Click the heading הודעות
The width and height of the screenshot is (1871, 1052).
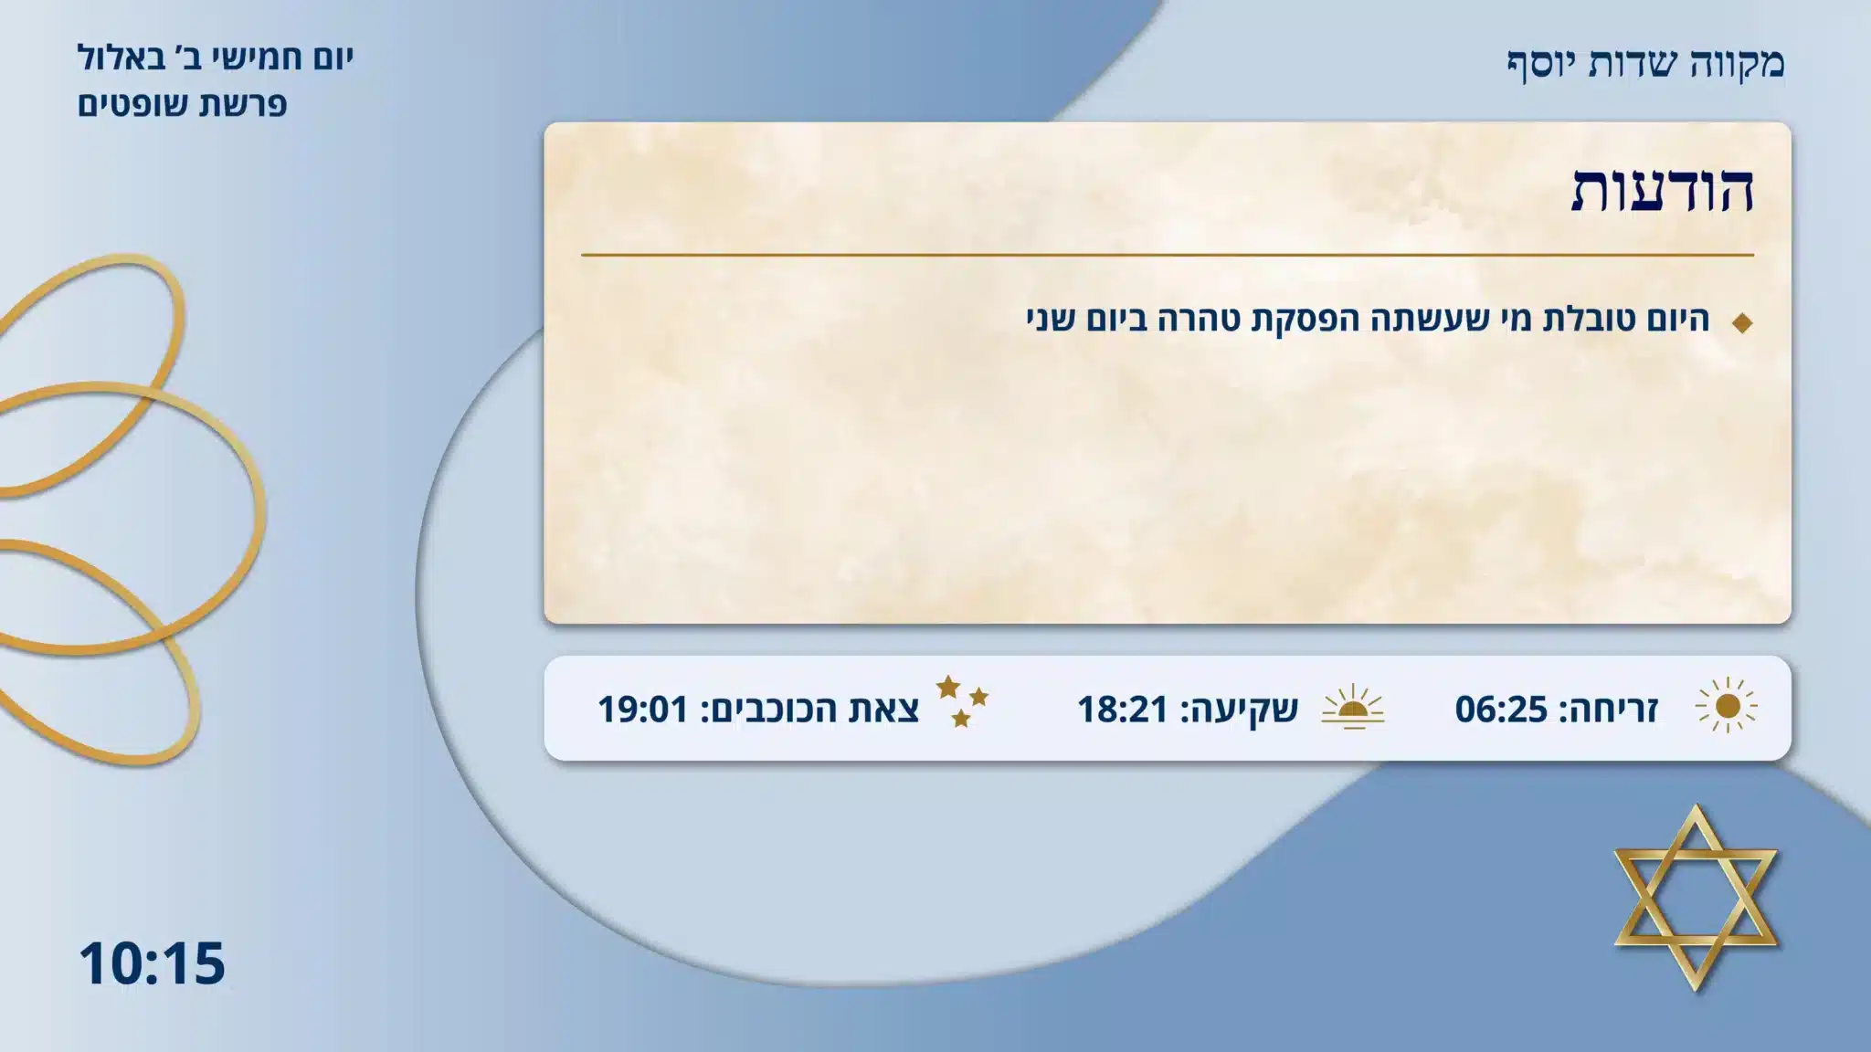tap(1662, 190)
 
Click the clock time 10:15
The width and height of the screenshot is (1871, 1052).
tap(152, 963)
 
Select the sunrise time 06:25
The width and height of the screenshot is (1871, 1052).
tap(1501, 709)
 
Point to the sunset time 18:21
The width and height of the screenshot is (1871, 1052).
tap(1123, 709)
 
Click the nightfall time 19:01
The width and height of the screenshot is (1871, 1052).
tap(642, 709)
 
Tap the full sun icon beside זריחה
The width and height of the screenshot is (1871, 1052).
tap(1727, 707)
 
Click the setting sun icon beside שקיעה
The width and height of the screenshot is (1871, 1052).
tap(1353, 707)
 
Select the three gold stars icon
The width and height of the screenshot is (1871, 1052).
tap(961, 701)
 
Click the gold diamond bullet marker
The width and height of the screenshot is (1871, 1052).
tap(1742, 322)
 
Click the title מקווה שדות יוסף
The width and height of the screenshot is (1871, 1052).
tap(1645, 63)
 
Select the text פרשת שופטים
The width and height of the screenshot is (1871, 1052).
tap(182, 104)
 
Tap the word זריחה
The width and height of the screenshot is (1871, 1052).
tap(1613, 709)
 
